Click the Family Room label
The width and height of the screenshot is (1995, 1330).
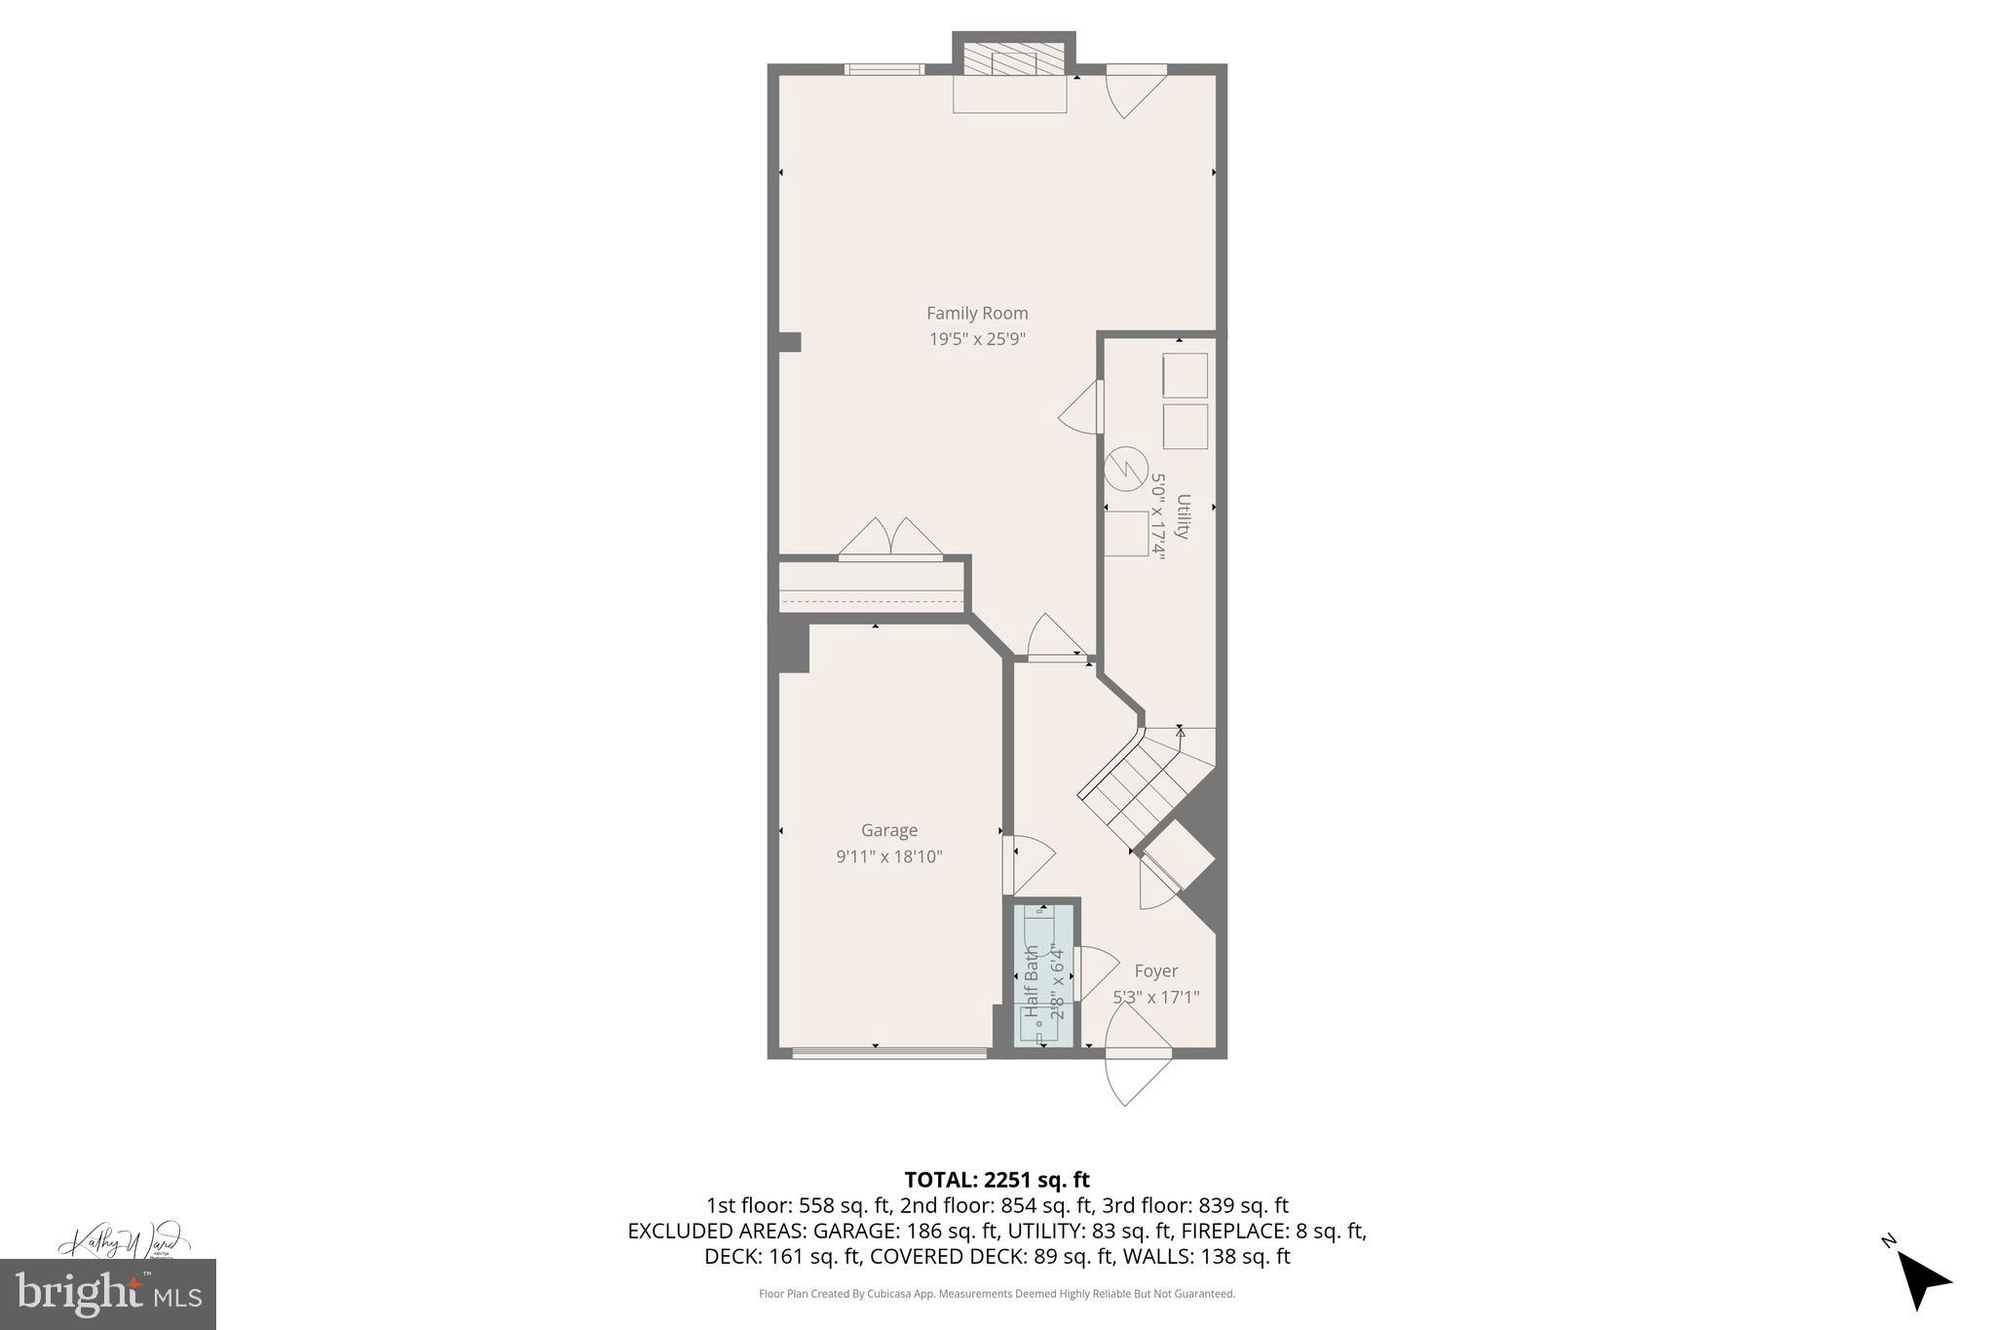(977, 313)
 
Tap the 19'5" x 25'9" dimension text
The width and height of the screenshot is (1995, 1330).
(977, 339)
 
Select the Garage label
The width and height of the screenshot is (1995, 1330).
(888, 830)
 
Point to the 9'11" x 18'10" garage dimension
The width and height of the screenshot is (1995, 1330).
(888, 856)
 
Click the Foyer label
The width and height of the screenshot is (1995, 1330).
(1155, 970)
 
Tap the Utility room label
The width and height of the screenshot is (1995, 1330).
(1183, 516)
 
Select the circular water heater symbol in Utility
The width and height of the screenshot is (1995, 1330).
(1126, 469)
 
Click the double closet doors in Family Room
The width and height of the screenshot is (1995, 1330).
(890, 541)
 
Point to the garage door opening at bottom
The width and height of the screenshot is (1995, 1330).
(889, 1052)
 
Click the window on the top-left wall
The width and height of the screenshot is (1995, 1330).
(884, 69)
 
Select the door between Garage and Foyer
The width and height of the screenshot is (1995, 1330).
(1028, 863)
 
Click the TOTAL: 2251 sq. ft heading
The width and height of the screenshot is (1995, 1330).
(997, 1180)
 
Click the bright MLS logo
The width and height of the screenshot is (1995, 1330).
(108, 1294)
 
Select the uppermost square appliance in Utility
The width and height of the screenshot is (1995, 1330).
(1185, 375)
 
